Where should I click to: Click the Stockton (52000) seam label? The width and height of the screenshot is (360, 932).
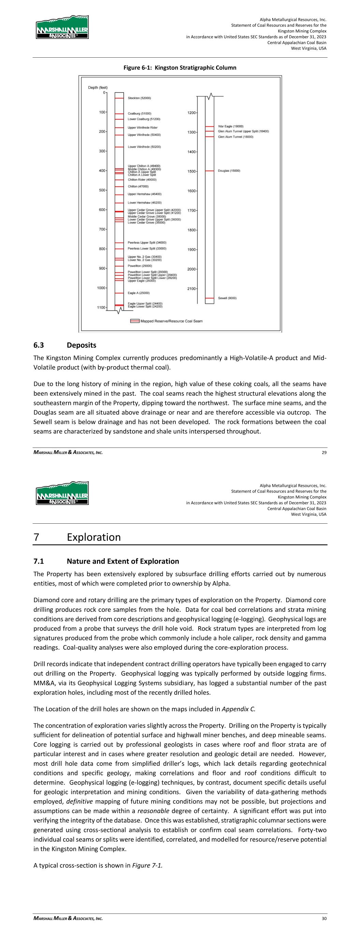click(139, 98)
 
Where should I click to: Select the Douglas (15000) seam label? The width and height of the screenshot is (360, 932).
click(229, 171)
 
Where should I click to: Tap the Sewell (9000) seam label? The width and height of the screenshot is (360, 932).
click(227, 298)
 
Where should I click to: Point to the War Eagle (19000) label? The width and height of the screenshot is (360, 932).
click(231, 126)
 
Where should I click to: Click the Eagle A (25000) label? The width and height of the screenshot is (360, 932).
click(139, 293)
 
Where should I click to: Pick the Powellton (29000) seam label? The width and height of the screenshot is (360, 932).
click(140, 266)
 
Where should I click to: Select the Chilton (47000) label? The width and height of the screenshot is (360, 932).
click(138, 186)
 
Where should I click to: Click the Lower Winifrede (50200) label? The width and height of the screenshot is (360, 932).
click(144, 147)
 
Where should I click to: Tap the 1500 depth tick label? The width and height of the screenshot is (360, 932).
click(191, 171)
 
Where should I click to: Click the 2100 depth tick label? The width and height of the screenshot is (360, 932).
click(191, 289)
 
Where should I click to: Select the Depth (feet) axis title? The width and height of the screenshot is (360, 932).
click(98, 87)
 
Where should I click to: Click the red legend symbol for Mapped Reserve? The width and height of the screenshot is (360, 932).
click(134, 321)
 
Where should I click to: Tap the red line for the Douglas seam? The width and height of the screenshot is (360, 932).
click(210, 171)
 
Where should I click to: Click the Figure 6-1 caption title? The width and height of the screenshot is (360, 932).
click(180, 68)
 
